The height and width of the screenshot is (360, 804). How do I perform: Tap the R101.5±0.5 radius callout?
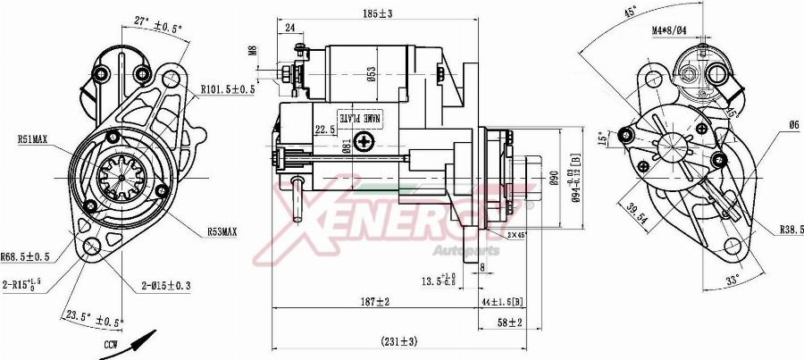[228, 89]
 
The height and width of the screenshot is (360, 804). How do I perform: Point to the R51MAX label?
[32, 139]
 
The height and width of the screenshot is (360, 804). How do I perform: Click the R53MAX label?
[222, 231]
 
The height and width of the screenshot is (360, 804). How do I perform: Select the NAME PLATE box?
[359, 117]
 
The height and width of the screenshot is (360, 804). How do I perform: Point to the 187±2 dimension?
[374, 303]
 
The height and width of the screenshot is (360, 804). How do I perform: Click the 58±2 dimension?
[510, 322]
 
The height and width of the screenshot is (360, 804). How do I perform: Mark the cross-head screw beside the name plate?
[364, 141]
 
